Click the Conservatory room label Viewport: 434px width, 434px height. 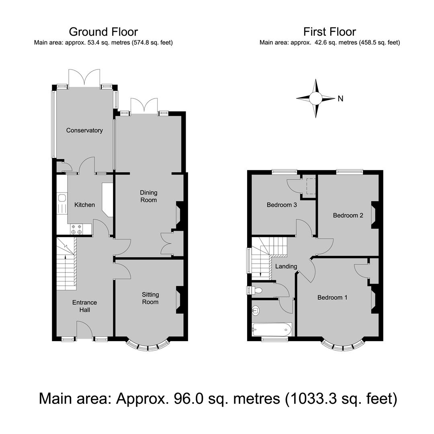[84, 130]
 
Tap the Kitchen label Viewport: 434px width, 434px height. [85, 205]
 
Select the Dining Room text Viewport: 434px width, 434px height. [149, 196]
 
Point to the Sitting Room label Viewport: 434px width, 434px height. [150, 298]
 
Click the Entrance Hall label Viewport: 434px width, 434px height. [85, 306]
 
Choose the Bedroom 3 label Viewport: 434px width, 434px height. [282, 205]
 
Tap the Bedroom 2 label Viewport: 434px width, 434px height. [348, 215]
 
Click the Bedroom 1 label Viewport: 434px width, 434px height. [332, 297]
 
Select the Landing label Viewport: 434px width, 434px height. [286, 266]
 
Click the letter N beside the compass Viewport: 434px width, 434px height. [340, 98]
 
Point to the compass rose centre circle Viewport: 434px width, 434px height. [315, 98]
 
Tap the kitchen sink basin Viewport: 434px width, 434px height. [62, 198]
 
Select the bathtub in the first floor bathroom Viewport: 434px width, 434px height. [272, 330]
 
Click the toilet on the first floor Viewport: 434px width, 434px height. [255, 291]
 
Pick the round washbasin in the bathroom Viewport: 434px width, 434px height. [256, 310]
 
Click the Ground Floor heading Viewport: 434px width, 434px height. [103, 32]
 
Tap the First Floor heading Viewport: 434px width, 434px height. [330, 32]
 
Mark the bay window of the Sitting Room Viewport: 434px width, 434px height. [148, 347]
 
